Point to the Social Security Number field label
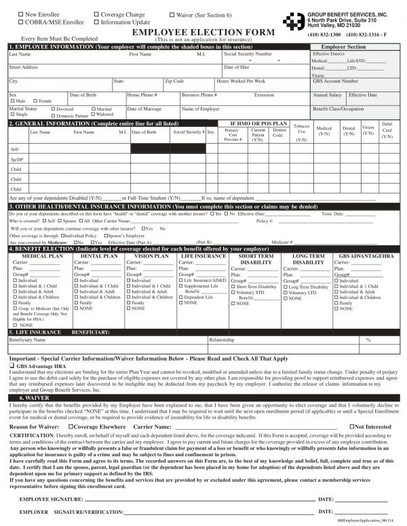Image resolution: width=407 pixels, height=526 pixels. (248, 53)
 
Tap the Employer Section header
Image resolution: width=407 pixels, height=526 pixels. (347, 47)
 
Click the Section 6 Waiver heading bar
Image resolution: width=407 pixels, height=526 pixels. (203, 399)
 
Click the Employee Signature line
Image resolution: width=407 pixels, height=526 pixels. (197, 499)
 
